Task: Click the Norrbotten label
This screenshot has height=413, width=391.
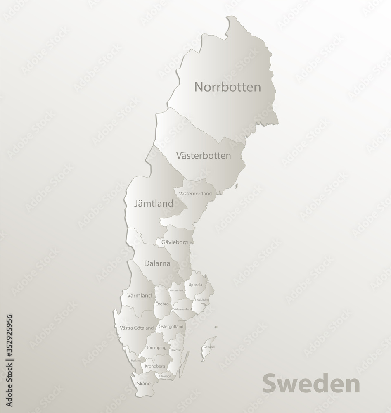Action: [227, 87]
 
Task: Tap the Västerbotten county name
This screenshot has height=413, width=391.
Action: [203, 156]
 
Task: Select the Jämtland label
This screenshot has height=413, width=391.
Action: [153, 203]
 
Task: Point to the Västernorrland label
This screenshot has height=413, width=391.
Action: [195, 193]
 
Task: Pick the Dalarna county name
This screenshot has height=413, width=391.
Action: [157, 263]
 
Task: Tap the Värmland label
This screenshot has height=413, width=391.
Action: [139, 296]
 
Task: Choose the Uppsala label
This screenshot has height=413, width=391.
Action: [195, 285]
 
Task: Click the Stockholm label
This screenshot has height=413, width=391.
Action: [201, 299]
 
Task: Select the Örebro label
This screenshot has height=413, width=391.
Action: [162, 304]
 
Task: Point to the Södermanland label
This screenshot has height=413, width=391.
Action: [182, 309]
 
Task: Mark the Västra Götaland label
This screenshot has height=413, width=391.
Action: [137, 328]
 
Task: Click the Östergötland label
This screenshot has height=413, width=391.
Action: [171, 326]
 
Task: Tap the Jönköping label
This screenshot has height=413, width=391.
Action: [156, 347]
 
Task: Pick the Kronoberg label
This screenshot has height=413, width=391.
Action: [154, 366]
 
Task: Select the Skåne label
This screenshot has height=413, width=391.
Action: [144, 383]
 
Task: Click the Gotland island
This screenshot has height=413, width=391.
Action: [209, 347]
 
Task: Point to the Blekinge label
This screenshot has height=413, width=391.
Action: [165, 376]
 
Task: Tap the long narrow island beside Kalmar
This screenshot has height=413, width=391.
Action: [185, 364]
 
